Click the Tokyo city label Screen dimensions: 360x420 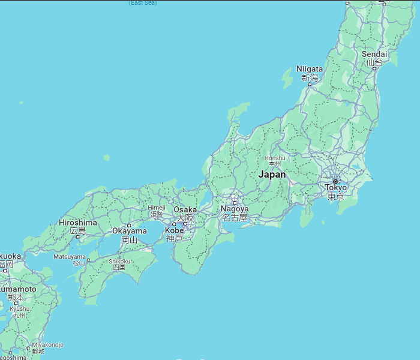coord(335,188)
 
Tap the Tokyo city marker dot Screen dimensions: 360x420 coord(335,181)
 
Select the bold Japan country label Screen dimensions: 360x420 coord(272,175)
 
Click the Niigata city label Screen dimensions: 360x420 coord(310,69)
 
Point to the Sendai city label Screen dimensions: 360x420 coord(374,55)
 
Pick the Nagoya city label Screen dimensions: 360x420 coord(234,209)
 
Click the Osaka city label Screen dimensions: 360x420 coord(185,210)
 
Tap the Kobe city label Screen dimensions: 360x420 coord(174,230)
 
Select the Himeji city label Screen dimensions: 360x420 coord(156,208)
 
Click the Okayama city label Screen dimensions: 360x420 coord(129,231)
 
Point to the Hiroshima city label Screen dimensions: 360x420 coord(77,223)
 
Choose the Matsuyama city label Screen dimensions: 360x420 coord(70,256)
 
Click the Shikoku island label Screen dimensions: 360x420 coord(119,261)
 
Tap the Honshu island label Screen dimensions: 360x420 coord(275,158)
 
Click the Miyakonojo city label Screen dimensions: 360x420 coord(47,345)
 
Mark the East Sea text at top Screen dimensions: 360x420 coord(142,3)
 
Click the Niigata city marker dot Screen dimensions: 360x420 coord(310,84)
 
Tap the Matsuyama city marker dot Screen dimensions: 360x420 coord(88,260)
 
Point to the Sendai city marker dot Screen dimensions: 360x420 coord(375,68)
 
